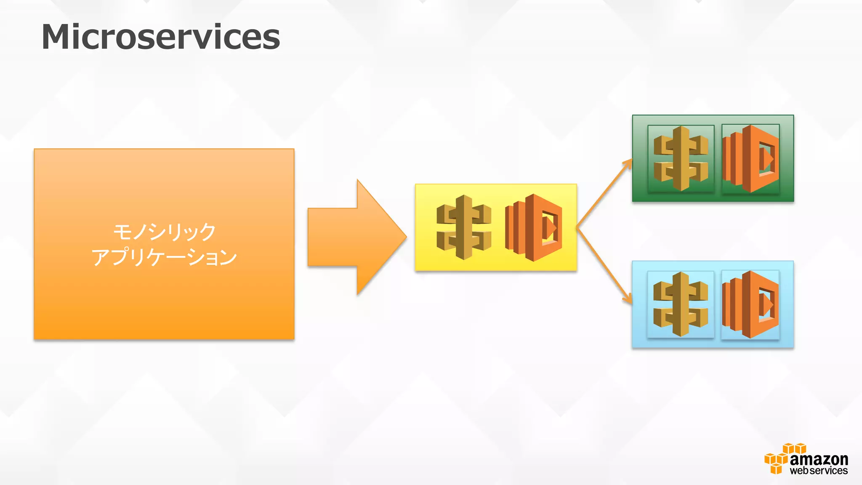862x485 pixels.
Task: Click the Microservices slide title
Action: click(160, 37)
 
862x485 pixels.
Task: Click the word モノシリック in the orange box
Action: click(164, 232)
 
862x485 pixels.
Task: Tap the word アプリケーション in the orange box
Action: click(164, 257)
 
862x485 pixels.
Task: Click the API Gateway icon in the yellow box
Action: click(464, 227)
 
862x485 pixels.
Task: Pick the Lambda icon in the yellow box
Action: click(534, 228)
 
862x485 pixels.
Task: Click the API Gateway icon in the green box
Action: click(681, 159)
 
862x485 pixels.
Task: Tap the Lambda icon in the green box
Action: click(750, 159)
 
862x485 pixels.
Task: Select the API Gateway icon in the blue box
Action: click(681, 304)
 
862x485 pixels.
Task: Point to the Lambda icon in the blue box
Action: click(750, 304)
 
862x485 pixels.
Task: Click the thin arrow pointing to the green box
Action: click(604, 193)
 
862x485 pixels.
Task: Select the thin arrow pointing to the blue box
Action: click(604, 266)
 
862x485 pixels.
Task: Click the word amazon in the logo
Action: click(819, 459)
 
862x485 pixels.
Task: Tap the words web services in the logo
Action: click(819, 471)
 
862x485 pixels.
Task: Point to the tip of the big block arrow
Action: click(405, 237)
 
